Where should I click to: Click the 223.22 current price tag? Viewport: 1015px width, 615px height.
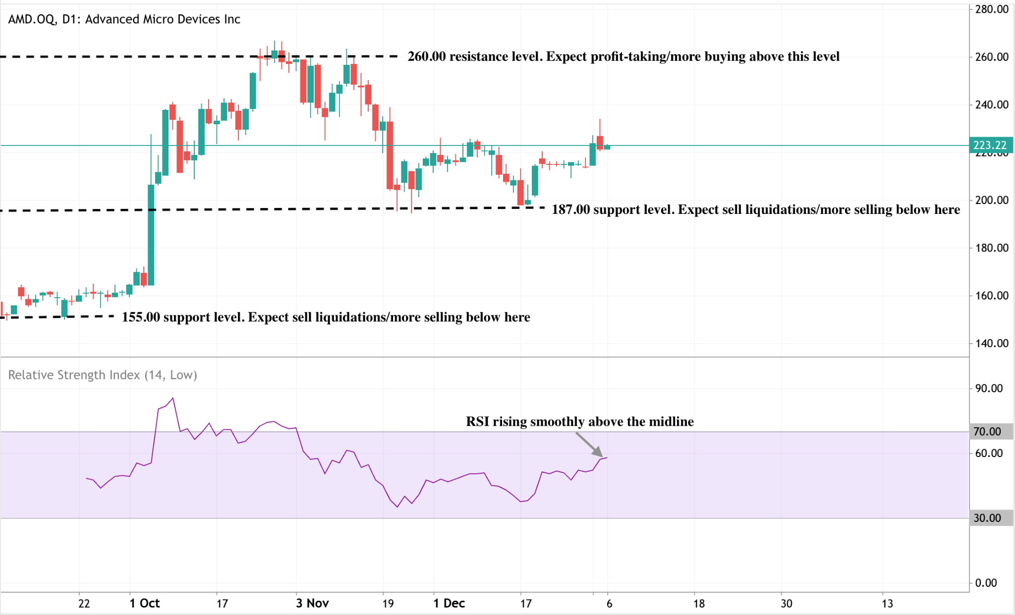coord(990,145)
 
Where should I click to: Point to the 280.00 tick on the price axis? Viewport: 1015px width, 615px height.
coord(991,9)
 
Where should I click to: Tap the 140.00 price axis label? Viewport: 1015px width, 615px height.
coord(991,343)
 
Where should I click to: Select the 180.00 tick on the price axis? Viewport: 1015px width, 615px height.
coord(991,248)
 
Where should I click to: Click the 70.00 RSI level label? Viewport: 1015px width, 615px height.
coord(987,431)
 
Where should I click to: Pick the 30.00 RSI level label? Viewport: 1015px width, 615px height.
coord(987,518)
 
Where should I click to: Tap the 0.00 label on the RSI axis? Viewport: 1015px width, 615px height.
coord(986,583)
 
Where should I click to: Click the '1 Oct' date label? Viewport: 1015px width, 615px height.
coord(145,603)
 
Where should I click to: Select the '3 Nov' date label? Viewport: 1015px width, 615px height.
coord(312,603)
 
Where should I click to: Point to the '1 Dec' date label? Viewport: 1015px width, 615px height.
coord(449,603)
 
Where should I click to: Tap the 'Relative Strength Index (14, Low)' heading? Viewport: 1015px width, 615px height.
coord(103,375)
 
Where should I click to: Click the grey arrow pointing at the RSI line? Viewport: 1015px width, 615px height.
coord(589,444)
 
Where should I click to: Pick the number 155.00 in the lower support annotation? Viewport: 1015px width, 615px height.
coord(141,317)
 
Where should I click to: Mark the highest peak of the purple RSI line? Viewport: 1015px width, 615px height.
coord(172,398)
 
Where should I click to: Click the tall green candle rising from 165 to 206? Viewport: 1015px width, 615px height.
coord(151,235)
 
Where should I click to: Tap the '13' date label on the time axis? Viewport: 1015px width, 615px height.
coord(887,603)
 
